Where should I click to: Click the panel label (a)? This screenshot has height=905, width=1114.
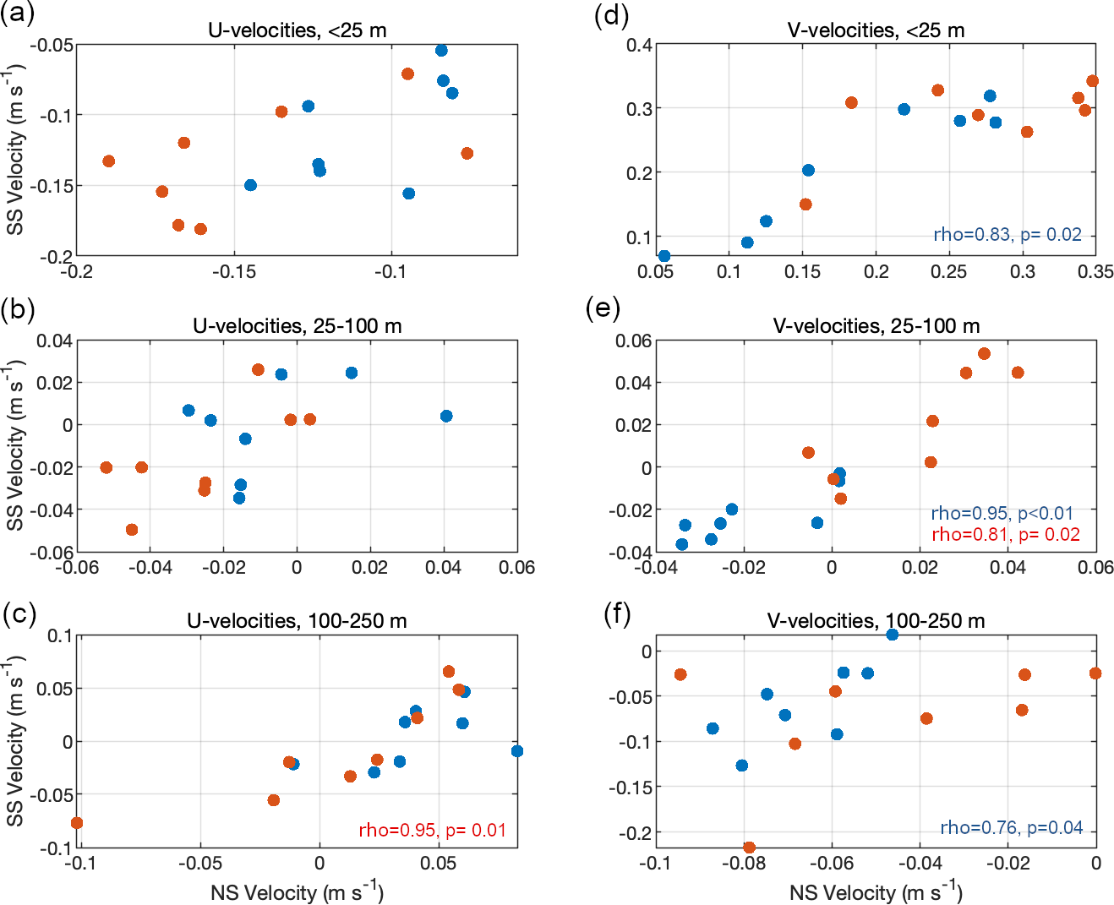(19, 14)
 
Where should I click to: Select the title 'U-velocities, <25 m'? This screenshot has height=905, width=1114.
(297, 30)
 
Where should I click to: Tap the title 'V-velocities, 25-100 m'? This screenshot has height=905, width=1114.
(876, 326)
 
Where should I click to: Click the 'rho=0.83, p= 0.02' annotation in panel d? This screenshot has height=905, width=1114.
(1008, 235)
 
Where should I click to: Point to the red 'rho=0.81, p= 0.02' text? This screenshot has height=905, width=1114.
(1006, 534)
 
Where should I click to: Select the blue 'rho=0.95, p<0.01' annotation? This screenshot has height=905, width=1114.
(1002, 513)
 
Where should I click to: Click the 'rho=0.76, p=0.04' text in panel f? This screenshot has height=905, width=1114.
(1011, 828)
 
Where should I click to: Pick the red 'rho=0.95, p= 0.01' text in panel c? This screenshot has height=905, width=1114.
(432, 831)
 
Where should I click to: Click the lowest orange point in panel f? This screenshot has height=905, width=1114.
(749, 847)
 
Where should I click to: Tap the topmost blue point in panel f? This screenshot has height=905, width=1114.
(892, 635)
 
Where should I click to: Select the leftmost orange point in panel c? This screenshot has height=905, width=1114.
(77, 823)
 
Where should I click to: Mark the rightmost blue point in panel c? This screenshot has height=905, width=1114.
(517, 751)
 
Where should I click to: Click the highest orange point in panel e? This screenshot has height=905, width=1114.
(984, 354)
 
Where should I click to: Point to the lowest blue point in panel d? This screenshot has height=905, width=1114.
(664, 256)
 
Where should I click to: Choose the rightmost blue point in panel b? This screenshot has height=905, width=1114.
(446, 416)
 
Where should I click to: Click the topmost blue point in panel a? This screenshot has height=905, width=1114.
(441, 51)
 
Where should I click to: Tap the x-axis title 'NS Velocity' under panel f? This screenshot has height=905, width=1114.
(876, 892)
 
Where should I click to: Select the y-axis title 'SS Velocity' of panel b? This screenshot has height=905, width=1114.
(15, 445)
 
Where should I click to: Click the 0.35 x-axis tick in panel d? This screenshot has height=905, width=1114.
(1096, 272)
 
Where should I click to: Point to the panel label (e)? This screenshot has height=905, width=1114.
(603, 309)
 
